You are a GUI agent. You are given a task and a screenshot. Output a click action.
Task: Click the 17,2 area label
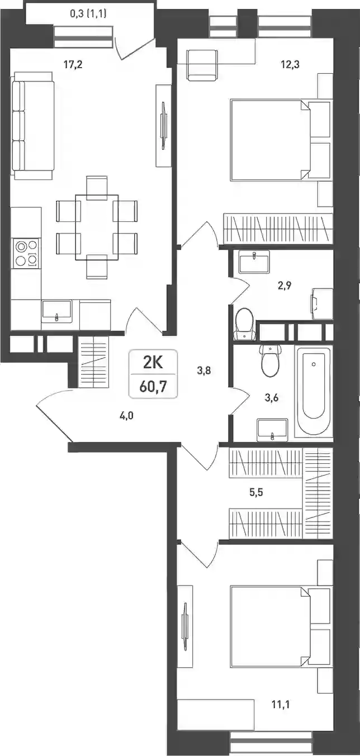click(73, 64)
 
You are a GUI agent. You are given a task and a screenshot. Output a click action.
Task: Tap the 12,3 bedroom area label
click(290, 64)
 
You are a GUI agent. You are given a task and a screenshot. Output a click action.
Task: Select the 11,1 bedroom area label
click(281, 705)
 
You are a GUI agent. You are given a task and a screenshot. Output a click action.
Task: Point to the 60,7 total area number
click(153, 387)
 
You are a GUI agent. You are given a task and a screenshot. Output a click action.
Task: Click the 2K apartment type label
click(153, 363)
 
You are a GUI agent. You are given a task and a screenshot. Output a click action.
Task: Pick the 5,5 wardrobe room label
click(257, 492)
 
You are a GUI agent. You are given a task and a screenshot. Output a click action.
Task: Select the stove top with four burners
click(26, 254)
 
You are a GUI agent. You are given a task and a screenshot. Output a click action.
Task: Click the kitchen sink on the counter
click(56, 310)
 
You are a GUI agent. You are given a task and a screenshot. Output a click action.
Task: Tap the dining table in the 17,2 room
click(97, 227)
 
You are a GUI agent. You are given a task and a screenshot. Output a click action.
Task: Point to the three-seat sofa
click(33, 125)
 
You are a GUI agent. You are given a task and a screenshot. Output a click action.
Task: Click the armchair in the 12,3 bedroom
click(202, 65)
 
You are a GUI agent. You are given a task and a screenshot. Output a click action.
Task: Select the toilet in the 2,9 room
click(244, 324)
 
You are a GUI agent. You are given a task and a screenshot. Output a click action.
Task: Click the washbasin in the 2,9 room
click(254, 262)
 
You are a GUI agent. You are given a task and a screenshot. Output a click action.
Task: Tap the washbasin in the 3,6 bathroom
click(272, 430)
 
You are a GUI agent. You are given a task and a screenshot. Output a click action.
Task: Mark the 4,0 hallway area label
click(126, 416)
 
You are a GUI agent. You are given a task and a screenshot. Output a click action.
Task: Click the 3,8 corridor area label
click(204, 370)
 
